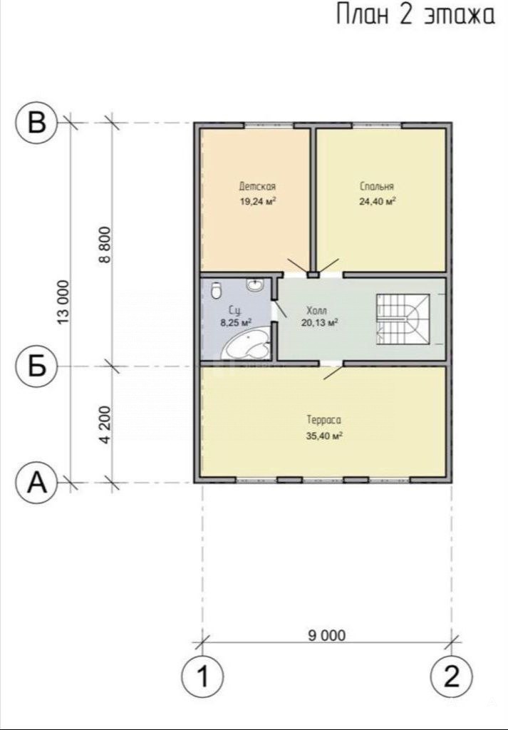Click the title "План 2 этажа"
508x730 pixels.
[415, 15]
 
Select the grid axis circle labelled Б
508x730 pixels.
[37, 366]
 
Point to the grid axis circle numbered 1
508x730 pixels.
[202, 676]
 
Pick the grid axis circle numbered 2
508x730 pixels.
[452, 676]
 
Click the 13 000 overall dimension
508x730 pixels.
[63, 302]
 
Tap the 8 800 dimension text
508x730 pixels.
[105, 245]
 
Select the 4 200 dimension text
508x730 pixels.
[105, 425]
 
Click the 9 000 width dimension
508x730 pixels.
[327, 635]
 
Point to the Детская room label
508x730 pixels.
[257, 186]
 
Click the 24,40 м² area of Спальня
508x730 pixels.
[377, 201]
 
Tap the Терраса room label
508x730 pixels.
[323, 420]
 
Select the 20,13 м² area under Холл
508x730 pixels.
[319, 322]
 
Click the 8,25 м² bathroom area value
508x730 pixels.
[236, 322]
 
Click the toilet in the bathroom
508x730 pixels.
[216, 290]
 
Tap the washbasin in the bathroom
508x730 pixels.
[255, 284]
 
